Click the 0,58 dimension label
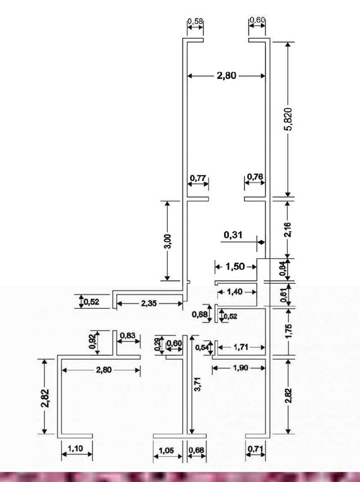(195, 21)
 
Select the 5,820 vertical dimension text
(288, 119)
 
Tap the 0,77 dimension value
(198, 178)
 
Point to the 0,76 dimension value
(255, 177)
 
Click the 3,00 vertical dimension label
(168, 241)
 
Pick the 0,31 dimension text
(233, 235)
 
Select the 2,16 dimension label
(288, 229)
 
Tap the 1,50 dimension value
(235, 267)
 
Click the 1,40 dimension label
(235, 292)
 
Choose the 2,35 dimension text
(149, 303)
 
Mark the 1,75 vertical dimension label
(288, 331)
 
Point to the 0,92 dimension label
(92, 341)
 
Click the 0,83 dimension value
(127, 335)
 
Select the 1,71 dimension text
(241, 348)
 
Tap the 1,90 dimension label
(241, 368)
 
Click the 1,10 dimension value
(76, 448)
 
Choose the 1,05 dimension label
(166, 451)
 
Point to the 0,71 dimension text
(256, 449)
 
